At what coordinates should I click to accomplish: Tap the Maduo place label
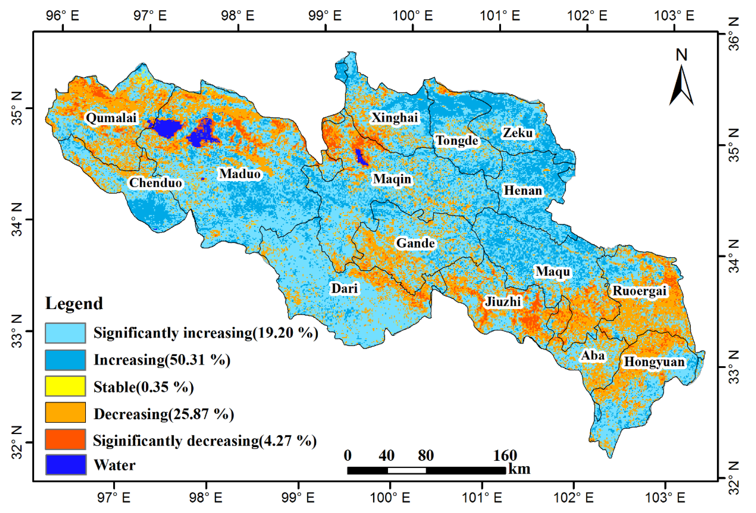click(x=240, y=174)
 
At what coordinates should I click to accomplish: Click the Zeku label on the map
click(x=518, y=133)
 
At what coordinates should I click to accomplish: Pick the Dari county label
click(x=344, y=288)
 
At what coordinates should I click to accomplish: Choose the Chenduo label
click(x=155, y=183)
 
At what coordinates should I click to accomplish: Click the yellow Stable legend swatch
click(x=65, y=386)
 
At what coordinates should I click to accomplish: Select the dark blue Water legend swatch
click(x=65, y=465)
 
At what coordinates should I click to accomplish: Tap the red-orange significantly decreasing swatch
click(x=65, y=439)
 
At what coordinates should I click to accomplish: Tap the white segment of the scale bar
click(x=407, y=470)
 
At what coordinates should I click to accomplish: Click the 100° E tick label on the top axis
click(x=413, y=15)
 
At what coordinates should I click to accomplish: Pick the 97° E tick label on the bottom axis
click(x=114, y=498)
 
